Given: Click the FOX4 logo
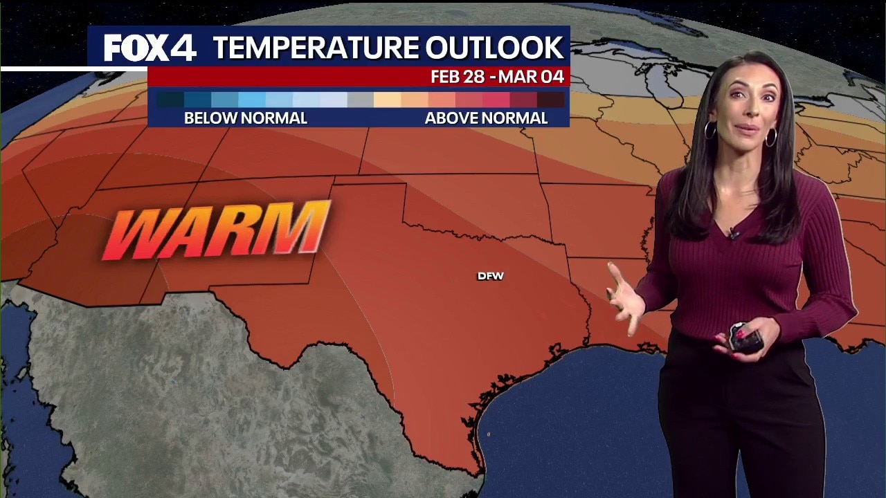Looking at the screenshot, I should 150,48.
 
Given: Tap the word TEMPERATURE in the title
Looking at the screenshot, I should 316,48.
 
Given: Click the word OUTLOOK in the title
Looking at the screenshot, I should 494,48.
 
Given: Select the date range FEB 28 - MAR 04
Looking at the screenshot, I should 497,77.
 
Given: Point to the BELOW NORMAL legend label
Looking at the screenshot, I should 245,118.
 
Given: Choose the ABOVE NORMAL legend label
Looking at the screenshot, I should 486,118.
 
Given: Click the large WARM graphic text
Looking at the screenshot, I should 216,230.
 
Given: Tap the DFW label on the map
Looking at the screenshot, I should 491,276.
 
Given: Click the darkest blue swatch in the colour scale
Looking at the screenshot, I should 170,100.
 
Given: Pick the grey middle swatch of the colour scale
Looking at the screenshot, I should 360,100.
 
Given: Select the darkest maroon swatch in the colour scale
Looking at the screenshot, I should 551,100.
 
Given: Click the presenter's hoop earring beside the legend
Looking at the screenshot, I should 710,130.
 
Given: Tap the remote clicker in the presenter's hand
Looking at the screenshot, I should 745,337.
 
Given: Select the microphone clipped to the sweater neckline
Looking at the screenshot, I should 733,234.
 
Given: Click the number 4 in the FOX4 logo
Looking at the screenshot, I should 183,48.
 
